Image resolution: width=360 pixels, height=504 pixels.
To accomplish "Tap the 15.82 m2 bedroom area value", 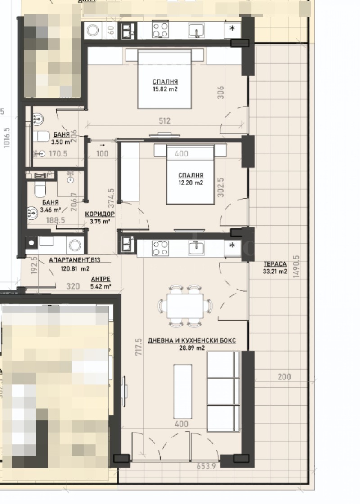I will pyautogui.click(x=165, y=89).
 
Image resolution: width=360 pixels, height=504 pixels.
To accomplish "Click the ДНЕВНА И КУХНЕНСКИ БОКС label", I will pyautogui.click(x=192, y=341).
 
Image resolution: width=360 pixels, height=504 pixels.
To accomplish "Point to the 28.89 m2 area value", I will pyautogui.click(x=192, y=348).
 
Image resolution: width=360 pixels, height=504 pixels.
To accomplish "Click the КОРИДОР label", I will pyautogui.click(x=100, y=214).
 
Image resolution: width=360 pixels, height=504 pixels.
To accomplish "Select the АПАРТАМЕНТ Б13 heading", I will pyautogui.click(x=74, y=260).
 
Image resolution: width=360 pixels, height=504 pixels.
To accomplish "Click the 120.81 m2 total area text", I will pyautogui.click(x=75, y=269).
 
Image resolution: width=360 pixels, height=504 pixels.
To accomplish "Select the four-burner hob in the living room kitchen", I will pyautogui.click(x=160, y=248).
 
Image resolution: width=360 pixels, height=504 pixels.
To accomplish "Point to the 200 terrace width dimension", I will pyautogui.click(x=284, y=377).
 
